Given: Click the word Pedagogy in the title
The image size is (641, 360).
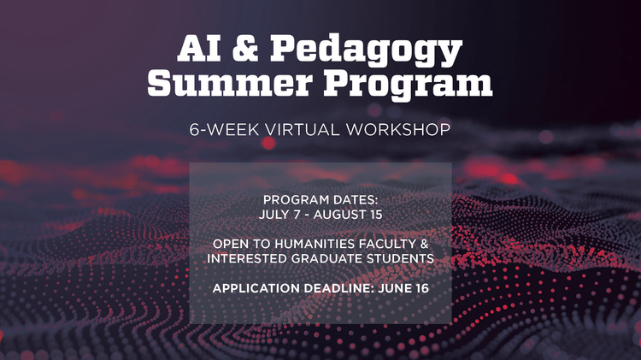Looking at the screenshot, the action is pos(367,50).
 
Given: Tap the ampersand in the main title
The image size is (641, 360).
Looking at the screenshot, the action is pos(245,47).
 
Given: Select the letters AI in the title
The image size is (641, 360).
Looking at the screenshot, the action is pos(199,48).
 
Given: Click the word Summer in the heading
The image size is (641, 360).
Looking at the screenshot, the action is pos(230,83).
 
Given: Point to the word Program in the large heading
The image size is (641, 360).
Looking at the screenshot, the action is pos(408,86).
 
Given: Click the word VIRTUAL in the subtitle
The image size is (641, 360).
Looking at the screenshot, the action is pos(302,130).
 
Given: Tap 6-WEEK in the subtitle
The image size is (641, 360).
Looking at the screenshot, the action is pos(224,130).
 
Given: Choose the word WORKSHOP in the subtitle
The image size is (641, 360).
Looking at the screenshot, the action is pos(397,130).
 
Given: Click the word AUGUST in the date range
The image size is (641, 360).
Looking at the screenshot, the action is pos(339,215).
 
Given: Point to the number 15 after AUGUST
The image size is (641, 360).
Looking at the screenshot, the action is pos(376,215).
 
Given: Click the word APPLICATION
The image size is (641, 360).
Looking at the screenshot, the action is pos(256,288).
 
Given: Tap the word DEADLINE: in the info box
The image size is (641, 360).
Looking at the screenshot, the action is pos(339,288).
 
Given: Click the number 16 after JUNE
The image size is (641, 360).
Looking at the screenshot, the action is pos(422,288).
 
